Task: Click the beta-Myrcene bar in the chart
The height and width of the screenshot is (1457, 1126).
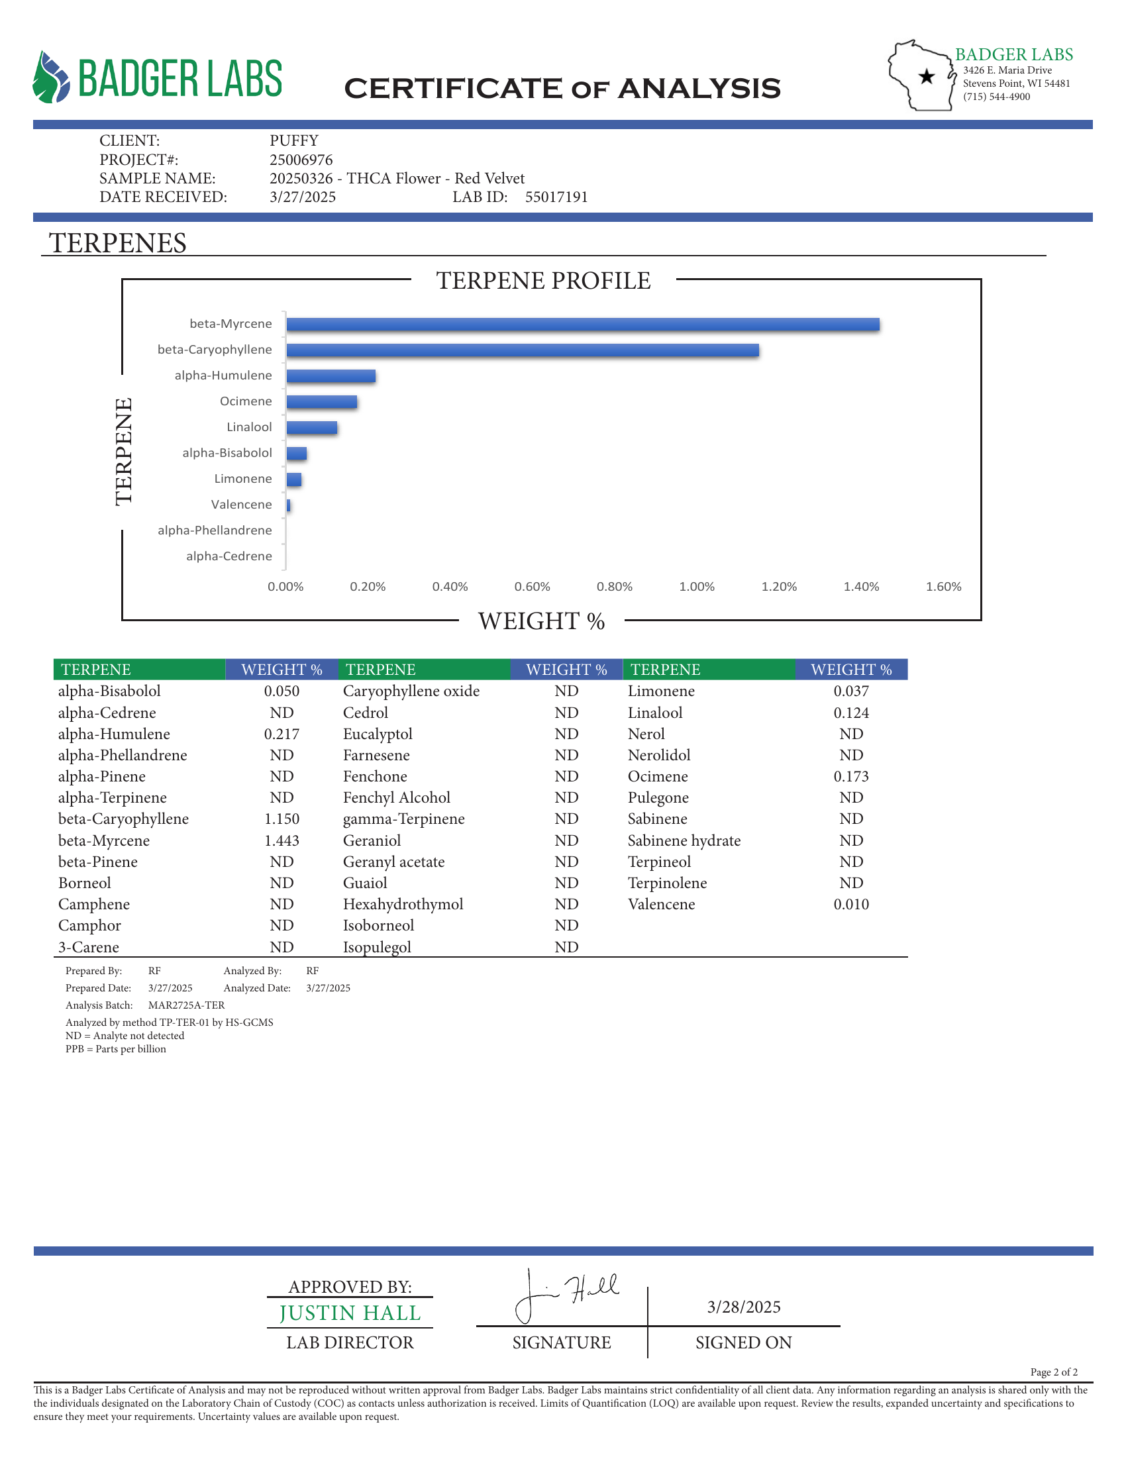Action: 582,325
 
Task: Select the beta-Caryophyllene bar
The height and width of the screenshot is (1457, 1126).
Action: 523,350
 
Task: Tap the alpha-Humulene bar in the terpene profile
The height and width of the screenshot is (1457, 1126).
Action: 331,376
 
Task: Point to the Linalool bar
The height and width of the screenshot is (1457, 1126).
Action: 311,428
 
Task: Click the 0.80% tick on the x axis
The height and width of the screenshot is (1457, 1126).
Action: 615,586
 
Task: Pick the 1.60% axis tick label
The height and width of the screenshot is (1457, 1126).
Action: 943,586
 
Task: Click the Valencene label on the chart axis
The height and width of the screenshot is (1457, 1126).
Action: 242,505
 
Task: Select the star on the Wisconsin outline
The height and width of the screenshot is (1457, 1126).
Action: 927,77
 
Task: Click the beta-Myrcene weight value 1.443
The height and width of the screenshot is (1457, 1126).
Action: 281,840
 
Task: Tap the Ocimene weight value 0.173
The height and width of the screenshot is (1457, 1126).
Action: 851,777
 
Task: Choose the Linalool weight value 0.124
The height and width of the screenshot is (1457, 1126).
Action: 851,713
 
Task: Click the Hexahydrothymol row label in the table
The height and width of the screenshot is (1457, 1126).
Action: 403,904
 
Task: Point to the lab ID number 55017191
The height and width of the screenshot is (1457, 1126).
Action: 556,197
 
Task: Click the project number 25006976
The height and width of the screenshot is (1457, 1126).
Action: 301,160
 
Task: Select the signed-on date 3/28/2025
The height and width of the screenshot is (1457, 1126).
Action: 744,1307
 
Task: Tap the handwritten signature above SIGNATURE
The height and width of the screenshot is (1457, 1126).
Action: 567,1294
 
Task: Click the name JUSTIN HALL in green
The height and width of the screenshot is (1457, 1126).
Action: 350,1313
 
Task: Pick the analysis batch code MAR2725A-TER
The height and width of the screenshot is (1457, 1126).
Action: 186,1005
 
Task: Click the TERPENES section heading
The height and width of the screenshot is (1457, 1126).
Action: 117,243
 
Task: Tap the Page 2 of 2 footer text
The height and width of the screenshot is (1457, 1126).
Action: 1053,1372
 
